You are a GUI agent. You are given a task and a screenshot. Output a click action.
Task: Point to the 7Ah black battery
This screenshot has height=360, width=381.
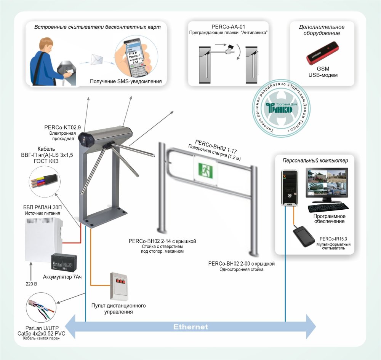[64, 263]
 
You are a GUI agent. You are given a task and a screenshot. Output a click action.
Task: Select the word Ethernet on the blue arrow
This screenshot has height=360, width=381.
[190, 327]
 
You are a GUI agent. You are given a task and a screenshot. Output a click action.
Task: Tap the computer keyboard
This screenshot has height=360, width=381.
[328, 207]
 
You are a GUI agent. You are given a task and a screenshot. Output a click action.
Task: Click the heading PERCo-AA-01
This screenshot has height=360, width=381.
[227, 27]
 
